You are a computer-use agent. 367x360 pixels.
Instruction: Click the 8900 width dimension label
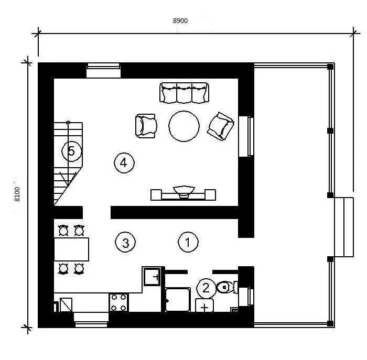pyautogui.click(x=180, y=21)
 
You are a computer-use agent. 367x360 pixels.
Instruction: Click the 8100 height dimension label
pyautogui.click(x=17, y=194)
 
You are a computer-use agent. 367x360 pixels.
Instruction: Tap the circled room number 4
pyautogui.click(x=124, y=163)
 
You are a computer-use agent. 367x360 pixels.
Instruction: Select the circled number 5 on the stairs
pyautogui.click(x=72, y=151)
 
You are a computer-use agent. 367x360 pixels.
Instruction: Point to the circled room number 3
pyautogui.click(x=125, y=242)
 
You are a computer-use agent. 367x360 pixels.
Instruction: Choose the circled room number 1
pyautogui.click(x=188, y=242)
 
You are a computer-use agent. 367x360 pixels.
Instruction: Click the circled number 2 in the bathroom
pyautogui.click(x=206, y=288)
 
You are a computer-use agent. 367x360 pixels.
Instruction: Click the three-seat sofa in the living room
pyautogui.click(x=184, y=93)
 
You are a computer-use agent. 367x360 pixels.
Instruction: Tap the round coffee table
pyautogui.click(x=184, y=126)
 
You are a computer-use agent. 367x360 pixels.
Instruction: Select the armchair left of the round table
pyautogui.click(x=146, y=126)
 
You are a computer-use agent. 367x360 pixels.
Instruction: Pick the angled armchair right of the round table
pyautogui.click(x=220, y=126)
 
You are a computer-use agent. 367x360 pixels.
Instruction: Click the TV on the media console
pyautogui.click(x=184, y=191)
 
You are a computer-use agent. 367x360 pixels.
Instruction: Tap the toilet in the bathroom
pyautogui.click(x=226, y=287)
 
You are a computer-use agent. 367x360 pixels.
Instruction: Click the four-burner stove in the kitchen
pyautogui.click(x=118, y=302)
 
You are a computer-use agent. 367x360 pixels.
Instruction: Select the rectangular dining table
pyautogui.click(x=71, y=249)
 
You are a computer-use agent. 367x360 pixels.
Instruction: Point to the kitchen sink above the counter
pyautogui.click(x=152, y=277)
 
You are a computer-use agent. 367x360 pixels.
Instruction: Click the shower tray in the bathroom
pyautogui.click(x=178, y=300)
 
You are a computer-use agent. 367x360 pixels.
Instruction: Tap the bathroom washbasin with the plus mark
pyautogui.click(x=204, y=306)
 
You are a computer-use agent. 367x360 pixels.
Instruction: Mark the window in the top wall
pyautogui.click(x=103, y=70)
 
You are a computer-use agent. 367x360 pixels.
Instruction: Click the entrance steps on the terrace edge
pyautogui.click(x=343, y=227)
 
